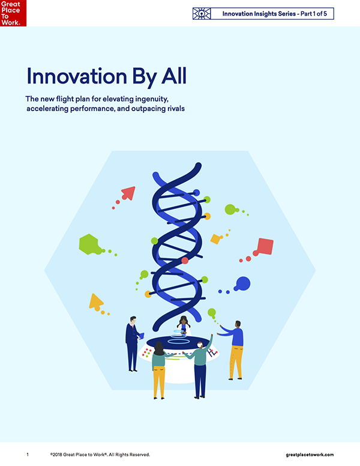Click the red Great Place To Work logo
13,13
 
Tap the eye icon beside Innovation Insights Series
202,14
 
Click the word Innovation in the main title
77,76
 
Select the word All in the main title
174,76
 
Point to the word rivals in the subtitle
176,109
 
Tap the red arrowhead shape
128,193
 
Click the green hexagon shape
89,244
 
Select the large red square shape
265,246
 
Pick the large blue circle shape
243,283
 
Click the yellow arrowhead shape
95,301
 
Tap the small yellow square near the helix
215,238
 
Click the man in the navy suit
133,344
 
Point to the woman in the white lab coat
184,325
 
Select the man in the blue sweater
234,350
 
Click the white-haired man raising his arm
199,366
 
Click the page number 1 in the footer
28,455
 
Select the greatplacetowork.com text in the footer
310,455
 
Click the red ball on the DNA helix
185,261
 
